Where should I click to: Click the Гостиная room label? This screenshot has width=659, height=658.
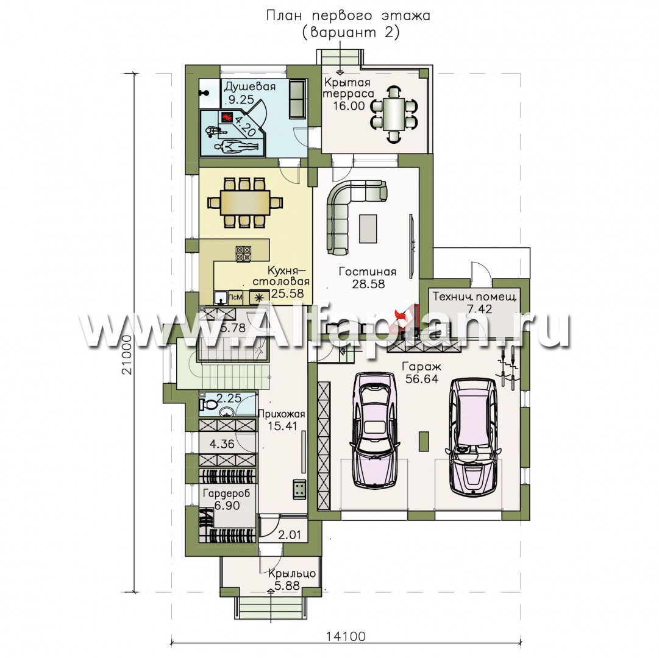(x=368, y=272)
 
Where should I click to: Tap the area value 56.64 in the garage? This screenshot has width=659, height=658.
(x=422, y=379)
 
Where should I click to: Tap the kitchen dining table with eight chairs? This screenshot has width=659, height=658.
(x=244, y=203)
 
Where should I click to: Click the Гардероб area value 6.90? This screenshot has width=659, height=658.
(x=227, y=506)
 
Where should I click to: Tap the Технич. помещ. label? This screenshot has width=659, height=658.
(x=475, y=297)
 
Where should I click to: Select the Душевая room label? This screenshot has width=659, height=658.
(x=250, y=87)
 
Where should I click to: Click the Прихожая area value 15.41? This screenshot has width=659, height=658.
(x=283, y=426)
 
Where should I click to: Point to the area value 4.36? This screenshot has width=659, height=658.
(x=221, y=444)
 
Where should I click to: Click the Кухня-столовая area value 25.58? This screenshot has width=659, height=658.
(x=288, y=293)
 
